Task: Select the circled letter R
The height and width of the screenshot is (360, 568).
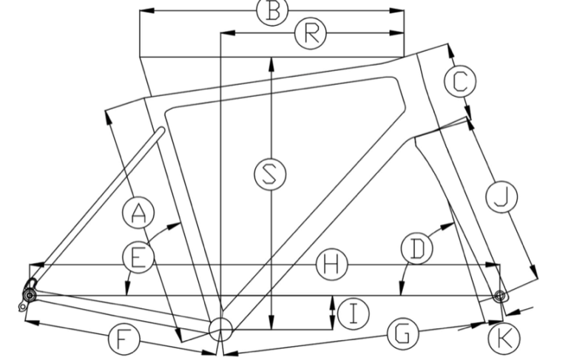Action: pyautogui.click(x=311, y=33)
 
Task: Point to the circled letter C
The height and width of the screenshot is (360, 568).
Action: pyautogui.click(x=459, y=80)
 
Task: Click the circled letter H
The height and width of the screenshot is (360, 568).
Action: pyautogui.click(x=330, y=265)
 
